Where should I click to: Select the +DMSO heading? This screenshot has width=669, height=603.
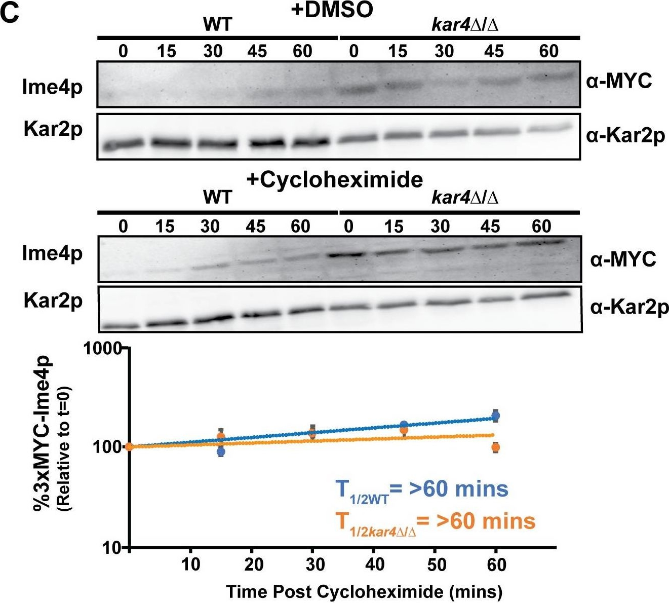pyautogui.click(x=332, y=11)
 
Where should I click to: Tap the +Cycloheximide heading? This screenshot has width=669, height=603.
pyautogui.click(x=335, y=179)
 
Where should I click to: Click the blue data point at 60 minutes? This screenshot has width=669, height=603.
pyautogui.click(x=496, y=416)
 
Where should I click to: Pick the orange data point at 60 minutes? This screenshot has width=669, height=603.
pyautogui.click(x=496, y=447)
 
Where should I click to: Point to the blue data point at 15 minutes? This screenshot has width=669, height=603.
pyautogui.click(x=221, y=451)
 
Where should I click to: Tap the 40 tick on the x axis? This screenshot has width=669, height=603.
pyautogui.click(x=374, y=564)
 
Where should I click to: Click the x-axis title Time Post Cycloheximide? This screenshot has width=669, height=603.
pyautogui.click(x=364, y=591)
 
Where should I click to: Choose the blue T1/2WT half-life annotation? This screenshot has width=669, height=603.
pyautogui.click(x=421, y=489)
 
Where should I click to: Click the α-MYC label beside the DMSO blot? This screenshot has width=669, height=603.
pyautogui.click(x=619, y=81)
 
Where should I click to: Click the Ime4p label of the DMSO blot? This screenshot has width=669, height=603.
pyautogui.click(x=52, y=88)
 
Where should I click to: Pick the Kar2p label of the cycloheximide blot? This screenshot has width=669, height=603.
pyautogui.click(x=53, y=301)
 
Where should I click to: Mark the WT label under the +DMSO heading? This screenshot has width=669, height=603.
pyautogui.click(x=217, y=24)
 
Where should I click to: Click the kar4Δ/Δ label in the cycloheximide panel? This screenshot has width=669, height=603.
pyautogui.click(x=464, y=198)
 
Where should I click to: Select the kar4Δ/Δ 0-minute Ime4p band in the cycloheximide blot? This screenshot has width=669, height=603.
pyautogui.click(x=348, y=255)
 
